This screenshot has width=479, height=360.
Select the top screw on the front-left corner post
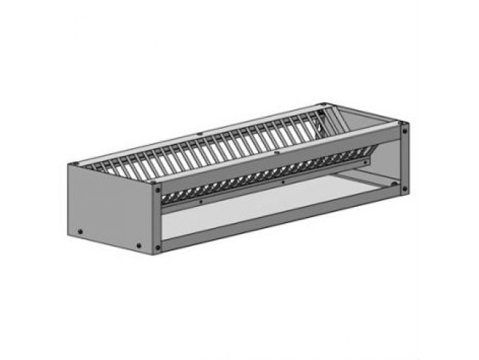click(157, 188)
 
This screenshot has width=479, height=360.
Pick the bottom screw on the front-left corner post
click(157, 248)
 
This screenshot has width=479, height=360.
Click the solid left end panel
click(111, 206)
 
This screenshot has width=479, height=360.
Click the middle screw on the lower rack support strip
click(283, 180)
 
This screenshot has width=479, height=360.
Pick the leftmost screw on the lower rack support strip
click(200, 200)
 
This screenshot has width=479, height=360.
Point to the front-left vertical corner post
click(157, 218)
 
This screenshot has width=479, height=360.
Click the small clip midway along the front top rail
click(276, 154)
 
